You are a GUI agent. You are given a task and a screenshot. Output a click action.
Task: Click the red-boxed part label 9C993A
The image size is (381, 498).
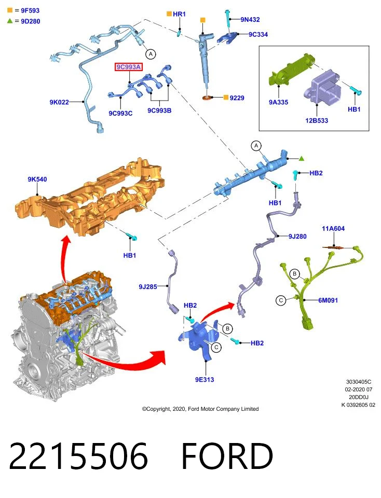(128, 67)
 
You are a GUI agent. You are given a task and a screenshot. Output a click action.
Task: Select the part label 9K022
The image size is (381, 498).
(59, 102)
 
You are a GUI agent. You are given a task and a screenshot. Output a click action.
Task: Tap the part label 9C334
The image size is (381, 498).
(258, 34)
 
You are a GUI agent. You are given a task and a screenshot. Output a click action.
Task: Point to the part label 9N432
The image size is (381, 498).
(250, 19)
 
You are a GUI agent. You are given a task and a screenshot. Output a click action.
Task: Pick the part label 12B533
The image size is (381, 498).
(317, 120)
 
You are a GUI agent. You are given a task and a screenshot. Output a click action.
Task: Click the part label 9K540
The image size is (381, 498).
(37, 179)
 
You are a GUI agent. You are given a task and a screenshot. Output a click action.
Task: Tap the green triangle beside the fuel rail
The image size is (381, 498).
(302, 158)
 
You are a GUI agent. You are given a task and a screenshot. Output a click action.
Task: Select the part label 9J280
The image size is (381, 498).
(297, 237)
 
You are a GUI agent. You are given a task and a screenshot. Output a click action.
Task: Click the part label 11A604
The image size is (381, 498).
(333, 228)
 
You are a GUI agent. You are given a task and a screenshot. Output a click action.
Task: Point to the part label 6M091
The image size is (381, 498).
(328, 300)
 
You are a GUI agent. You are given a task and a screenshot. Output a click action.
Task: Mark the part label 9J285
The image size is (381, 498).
(148, 286)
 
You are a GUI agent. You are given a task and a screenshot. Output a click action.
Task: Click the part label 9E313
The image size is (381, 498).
(205, 380)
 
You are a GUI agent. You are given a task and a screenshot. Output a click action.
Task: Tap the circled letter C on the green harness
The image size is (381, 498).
(281, 300)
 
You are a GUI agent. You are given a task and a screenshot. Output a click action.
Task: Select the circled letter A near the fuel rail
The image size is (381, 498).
(256, 146)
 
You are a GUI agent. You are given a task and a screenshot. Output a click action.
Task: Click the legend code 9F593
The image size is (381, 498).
(30, 10)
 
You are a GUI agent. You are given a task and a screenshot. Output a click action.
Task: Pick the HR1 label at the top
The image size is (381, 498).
(179, 14)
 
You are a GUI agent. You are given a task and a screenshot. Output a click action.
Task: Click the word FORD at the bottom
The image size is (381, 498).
(227, 456)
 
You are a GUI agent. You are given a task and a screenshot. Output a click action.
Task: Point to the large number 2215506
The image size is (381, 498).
(78, 456)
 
